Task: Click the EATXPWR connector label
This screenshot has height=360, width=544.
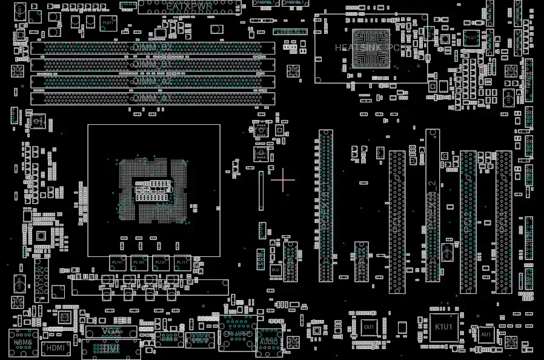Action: click(x=189, y=6)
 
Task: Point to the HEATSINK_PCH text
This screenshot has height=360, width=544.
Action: click(x=367, y=47)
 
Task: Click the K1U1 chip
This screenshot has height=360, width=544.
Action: click(x=444, y=327)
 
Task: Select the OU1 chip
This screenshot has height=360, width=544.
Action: click(x=368, y=327)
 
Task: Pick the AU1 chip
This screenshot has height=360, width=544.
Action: click(x=486, y=334)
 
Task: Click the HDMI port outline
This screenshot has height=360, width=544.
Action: click(x=56, y=348)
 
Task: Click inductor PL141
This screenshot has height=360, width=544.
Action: click(x=118, y=262)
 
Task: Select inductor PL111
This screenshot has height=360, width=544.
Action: click(x=181, y=262)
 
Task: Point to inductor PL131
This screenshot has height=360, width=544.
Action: click(x=139, y=262)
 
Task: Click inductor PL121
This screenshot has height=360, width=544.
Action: click(x=160, y=262)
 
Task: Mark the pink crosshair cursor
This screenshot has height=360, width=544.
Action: click(x=283, y=180)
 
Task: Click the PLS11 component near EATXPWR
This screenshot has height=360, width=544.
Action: click(x=108, y=22)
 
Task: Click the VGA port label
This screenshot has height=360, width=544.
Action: click(x=111, y=332)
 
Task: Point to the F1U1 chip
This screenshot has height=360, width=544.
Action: click(x=471, y=38)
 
